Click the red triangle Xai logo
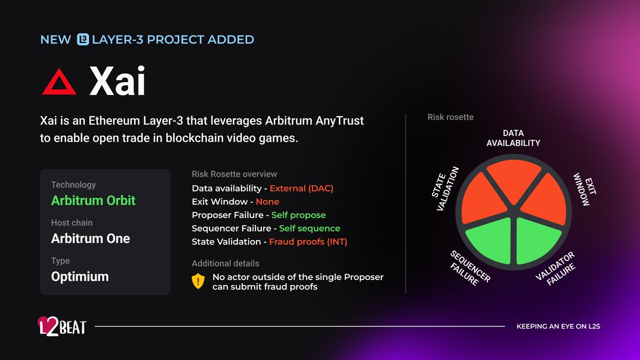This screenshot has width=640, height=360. (59, 84)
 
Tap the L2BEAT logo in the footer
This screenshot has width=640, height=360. (61, 326)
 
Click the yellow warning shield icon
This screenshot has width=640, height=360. (198, 281)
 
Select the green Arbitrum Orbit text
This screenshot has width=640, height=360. (93, 201)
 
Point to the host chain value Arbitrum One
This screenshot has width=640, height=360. (90, 238)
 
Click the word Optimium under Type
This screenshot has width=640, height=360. (80, 276)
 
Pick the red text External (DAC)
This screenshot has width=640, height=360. (301, 188)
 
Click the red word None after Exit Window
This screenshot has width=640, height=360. (267, 202)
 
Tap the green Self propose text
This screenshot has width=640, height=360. (298, 215)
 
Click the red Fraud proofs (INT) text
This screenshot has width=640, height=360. (308, 242)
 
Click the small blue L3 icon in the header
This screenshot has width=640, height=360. (83, 39)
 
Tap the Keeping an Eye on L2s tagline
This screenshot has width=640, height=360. (558, 326)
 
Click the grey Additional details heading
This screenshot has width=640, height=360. (225, 263)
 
